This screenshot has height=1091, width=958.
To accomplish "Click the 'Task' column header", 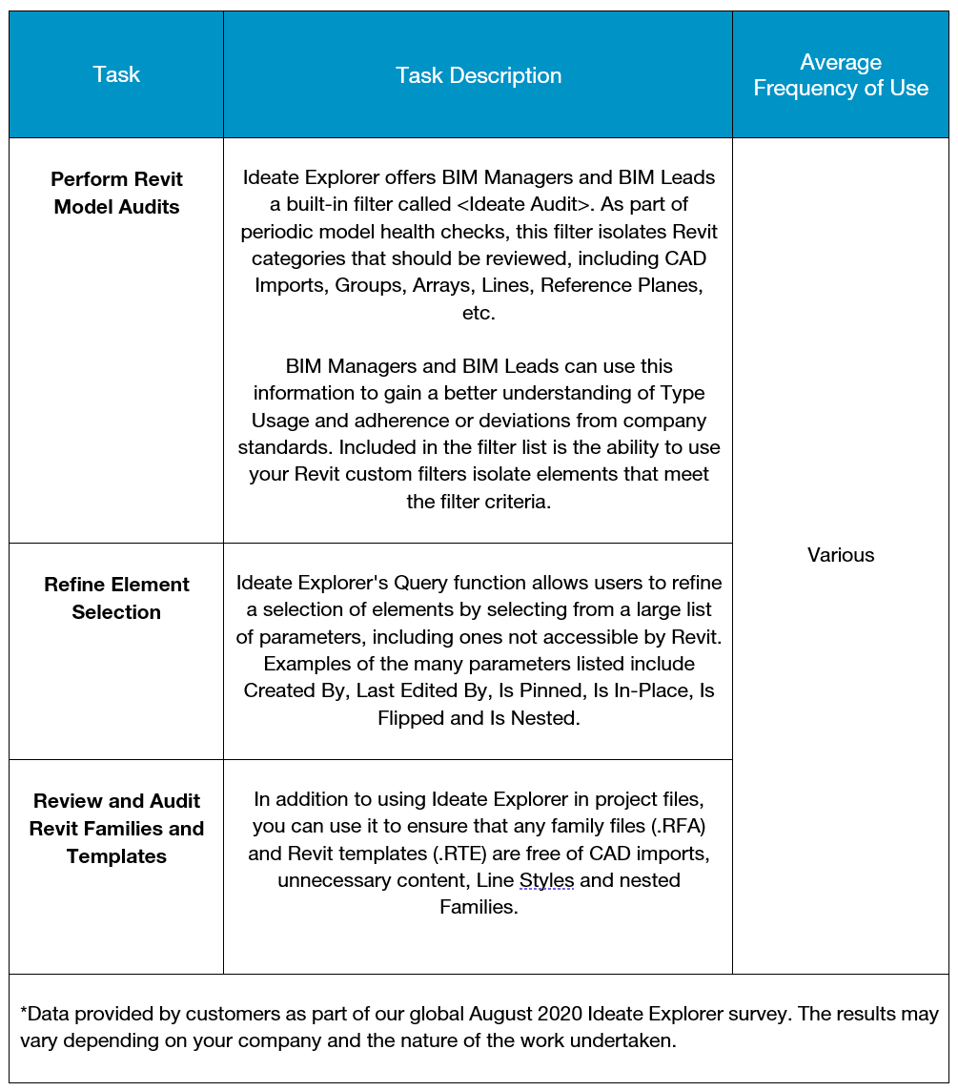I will coord(116,75).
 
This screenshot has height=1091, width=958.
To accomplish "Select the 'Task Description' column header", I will coord(479,75).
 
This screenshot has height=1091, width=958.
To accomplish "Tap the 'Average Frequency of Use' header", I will coord(841,75).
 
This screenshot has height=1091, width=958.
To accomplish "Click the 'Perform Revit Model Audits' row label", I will coord(116,193).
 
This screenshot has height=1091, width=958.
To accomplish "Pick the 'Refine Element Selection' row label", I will coord(116,598).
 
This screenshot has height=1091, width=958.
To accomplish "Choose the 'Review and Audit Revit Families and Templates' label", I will coord(116,829).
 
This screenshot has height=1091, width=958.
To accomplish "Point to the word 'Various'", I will coord(841,555).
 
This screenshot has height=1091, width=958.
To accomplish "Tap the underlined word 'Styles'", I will coord(547,880).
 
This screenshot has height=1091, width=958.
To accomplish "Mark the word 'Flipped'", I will coord(412,718).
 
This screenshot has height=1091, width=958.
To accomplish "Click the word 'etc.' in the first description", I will coord(479,313).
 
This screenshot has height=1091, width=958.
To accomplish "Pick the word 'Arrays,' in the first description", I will coord(444,285).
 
